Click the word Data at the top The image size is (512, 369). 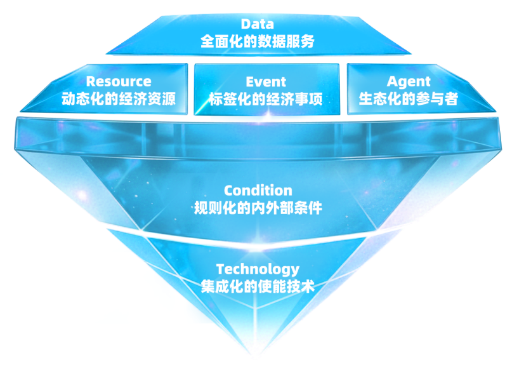pyautogui.click(x=258, y=24)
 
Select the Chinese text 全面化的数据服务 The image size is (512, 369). pyautogui.click(x=258, y=41)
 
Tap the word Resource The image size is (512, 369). pyautogui.click(x=119, y=81)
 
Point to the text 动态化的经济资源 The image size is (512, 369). pyautogui.click(x=119, y=98)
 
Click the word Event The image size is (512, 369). pyautogui.click(x=266, y=82)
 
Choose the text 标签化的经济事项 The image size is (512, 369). pyautogui.click(x=266, y=99)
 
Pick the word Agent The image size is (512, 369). pyautogui.click(x=409, y=82)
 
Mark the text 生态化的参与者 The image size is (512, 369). pyautogui.click(x=408, y=98)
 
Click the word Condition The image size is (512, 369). pyautogui.click(x=258, y=191)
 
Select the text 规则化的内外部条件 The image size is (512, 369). pyautogui.click(x=258, y=208)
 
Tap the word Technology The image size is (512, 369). pyautogui.click(x=258, y=270)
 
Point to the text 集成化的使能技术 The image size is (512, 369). pyautogui.click(x=258, y=286)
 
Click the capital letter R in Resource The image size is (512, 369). pyautogui.click(x=91, y=81)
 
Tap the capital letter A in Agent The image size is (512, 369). pyautogui.click(x=392, y=81)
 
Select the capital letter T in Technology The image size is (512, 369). pyautogui.click(x=221, y=269)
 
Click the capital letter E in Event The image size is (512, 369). pyautogui.click(x=250, y=82)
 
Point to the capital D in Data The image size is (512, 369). pyautogui.click(x=246, y=24)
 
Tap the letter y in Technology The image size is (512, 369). pyautogui.click(x=295, y=272)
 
